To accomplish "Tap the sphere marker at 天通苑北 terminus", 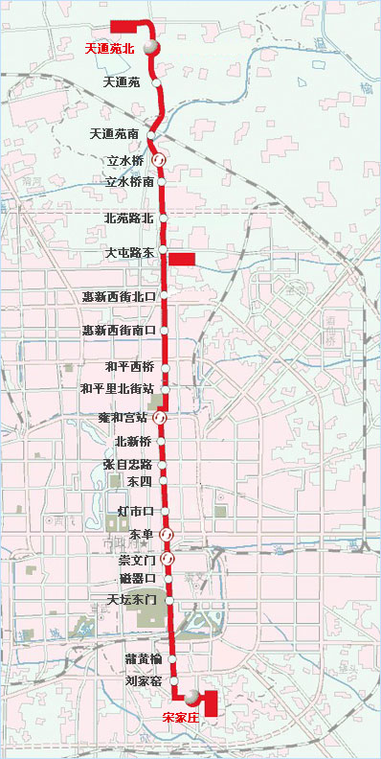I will pyautogui.click(x=150, y=47).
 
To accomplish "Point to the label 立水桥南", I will pyautogui.click(x=130, y=181).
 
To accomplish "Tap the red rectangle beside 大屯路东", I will pyautogui.click(x=182, y=258).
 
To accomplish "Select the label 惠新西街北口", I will pyautogui.click(x=119, y=296).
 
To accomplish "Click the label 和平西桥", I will pyautogui.click(x=130, y=366).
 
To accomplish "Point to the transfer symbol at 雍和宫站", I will pyautogui.click(x=161, y=418).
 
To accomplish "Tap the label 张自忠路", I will pyautogui.click(x=127, y=465).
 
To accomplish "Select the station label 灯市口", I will pyautogui.click(x=135, y=513).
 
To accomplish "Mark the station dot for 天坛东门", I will pyautogui.click(x=170, y=600).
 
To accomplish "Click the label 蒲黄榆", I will pyautogui.click(x=143, y=659).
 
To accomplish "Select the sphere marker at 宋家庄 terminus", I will pyautogui.click(x=193, y=697).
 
